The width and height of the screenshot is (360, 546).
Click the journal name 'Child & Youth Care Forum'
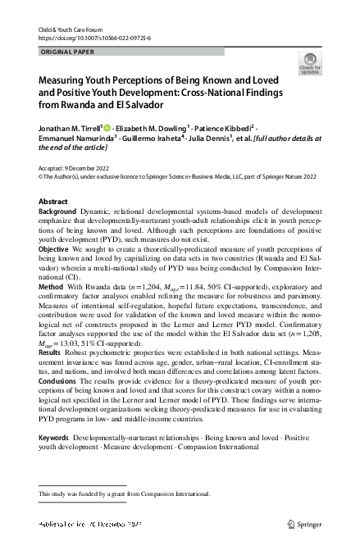(72, 29)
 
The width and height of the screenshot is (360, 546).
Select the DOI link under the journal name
(93, 38)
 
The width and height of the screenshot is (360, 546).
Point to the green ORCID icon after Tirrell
(107, 128)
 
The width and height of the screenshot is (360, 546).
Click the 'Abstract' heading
(54, 201)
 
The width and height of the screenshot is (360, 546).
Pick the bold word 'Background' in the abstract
(59, 212)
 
